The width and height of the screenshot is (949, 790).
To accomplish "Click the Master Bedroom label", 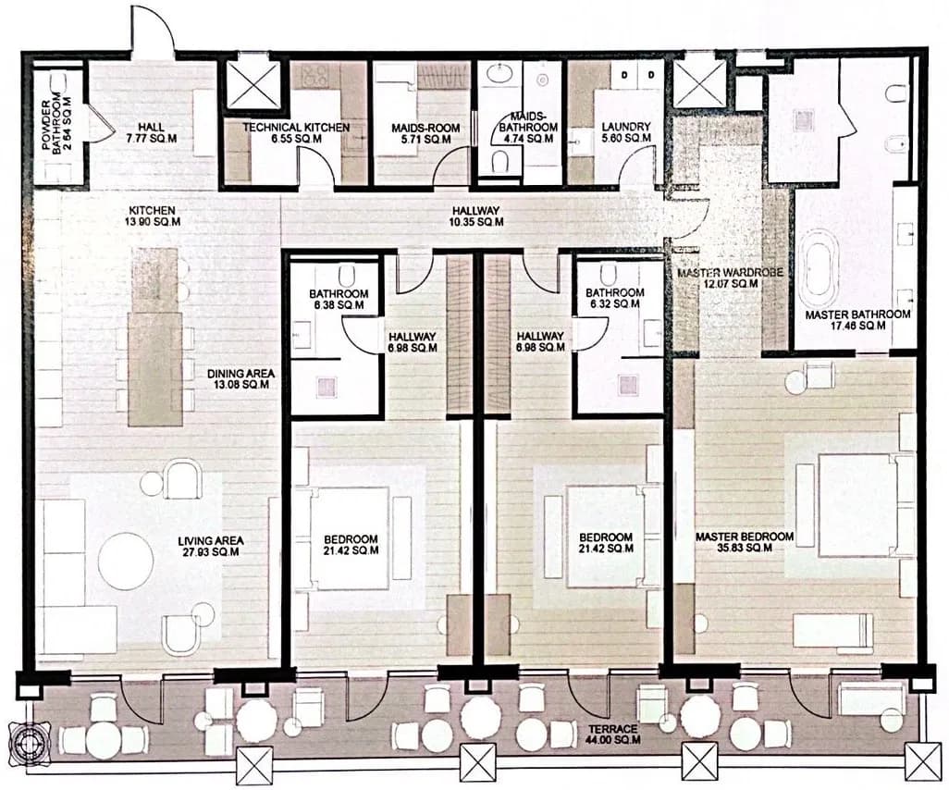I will [x=744, y=542].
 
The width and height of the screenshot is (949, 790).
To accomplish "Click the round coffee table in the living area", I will [x=126, y=561].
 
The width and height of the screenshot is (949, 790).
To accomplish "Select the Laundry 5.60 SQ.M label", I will [x=625, y=132].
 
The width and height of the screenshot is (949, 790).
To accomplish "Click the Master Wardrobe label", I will [x=731, y=279].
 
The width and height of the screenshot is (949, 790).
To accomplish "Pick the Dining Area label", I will [x=240, y=379].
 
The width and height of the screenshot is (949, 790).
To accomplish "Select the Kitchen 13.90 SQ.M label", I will [x=153, y=216].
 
